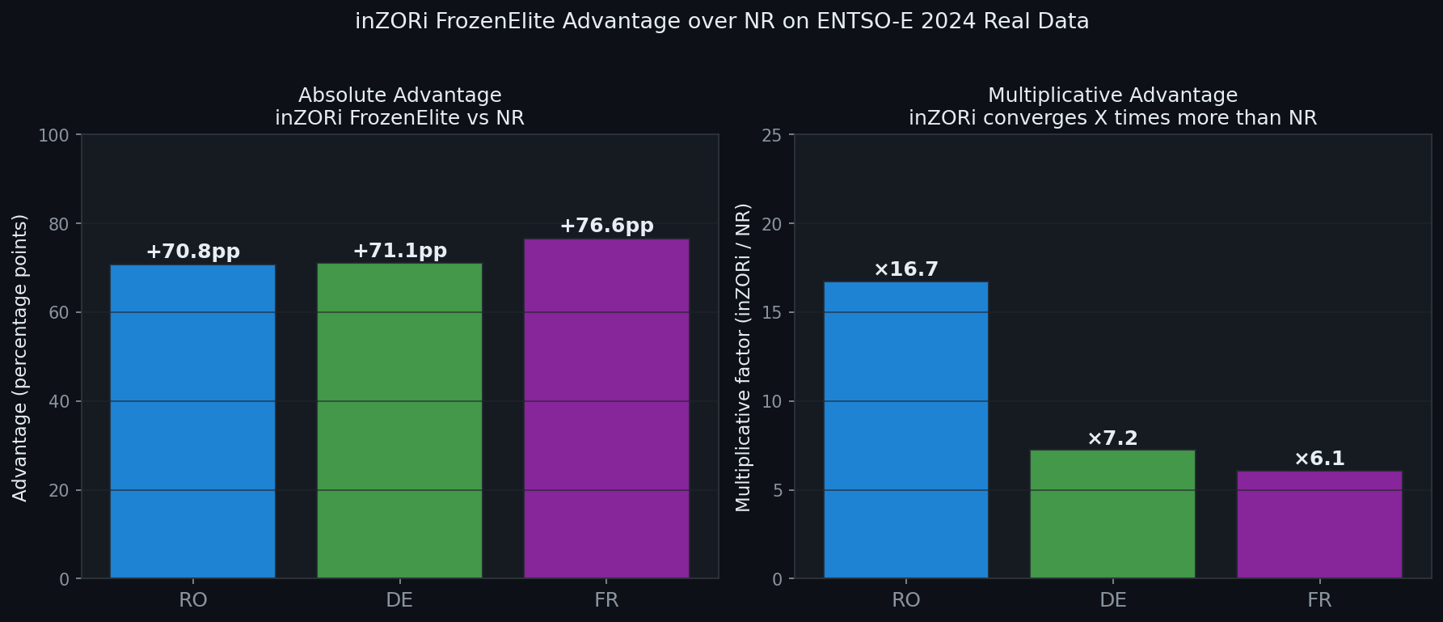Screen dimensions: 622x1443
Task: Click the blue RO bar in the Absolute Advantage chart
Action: [192, 421]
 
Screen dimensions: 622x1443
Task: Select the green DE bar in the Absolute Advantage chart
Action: [399, 421]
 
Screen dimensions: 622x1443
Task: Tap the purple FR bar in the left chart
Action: [606, 408]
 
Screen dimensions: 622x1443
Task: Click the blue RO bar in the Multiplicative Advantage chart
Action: [905, 429]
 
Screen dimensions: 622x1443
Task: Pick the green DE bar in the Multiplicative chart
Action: [1112, 514]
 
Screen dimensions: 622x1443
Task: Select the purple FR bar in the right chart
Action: [1319, 524]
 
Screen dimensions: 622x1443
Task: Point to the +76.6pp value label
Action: [606, 226]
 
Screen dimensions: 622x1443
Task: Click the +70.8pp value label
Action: [192, 252]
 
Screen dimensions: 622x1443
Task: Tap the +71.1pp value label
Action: [399, 251]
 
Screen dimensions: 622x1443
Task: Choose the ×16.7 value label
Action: [905, 269]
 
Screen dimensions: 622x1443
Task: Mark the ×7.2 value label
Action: [1112, 438]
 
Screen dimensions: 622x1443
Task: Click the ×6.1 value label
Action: [1319, 459]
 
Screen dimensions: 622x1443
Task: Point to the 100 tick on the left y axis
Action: [54, 135]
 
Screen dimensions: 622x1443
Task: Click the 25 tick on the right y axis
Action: [772, 135]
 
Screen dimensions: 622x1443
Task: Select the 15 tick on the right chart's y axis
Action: [772, 313]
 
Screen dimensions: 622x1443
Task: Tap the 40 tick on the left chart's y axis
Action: [59, 402]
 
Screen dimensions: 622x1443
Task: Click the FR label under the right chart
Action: [1319, 600]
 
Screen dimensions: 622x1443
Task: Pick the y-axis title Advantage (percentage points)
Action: [20, 358]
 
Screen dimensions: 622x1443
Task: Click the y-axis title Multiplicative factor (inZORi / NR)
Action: [743, 358]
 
